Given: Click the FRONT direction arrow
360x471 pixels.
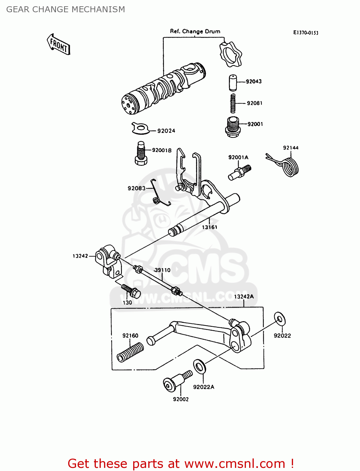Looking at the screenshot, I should point(58,45).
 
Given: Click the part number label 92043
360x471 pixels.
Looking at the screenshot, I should point(254,81).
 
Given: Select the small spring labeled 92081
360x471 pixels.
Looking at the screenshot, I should point(233,103).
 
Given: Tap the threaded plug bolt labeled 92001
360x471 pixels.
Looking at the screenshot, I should point(233,126).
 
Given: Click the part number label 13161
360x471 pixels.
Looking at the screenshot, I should point(210,227).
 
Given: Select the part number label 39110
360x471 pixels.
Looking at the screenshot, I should point(162,270).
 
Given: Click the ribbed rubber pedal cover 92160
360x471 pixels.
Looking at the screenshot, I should point(130,352).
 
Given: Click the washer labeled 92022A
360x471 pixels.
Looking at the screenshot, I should point(199,366).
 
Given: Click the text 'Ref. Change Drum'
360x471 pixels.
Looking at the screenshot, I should point(195,31).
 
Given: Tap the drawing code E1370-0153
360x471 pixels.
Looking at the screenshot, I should point(305,33).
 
